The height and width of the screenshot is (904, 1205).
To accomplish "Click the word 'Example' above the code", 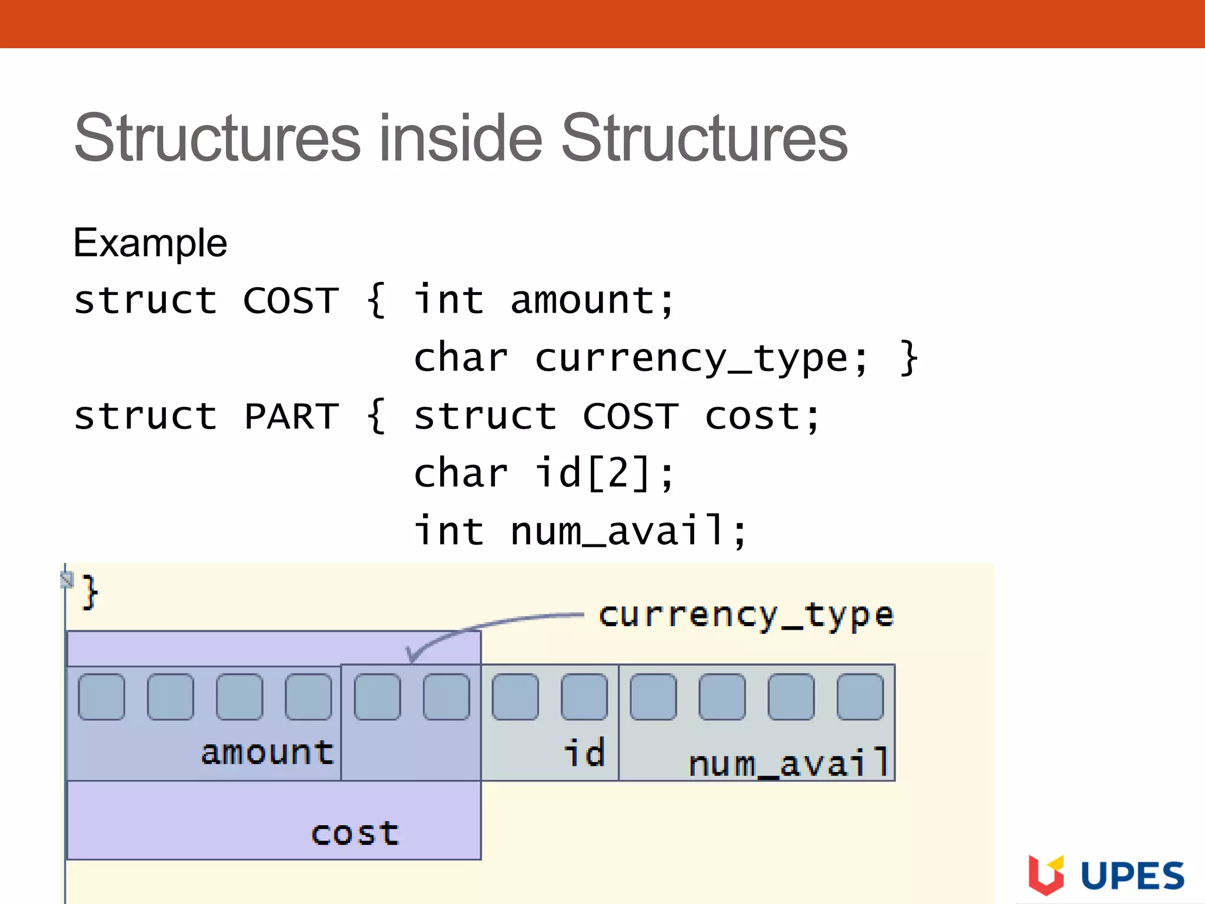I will click(x=150, y=242).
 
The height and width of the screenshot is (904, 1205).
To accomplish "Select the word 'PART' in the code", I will click(x=291, y=416).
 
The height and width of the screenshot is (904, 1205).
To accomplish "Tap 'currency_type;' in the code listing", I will click(x=701, y=358).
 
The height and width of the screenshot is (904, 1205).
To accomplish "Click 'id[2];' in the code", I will click(x=603, y=473).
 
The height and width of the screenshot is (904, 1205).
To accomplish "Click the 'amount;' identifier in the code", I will click(x=591, y=300).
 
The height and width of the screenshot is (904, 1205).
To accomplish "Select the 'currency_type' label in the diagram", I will click(x=746, y=616).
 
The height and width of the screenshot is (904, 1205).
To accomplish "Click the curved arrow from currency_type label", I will click(x=471, y=627).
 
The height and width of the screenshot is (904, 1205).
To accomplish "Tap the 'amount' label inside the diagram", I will click(x=268, y=753).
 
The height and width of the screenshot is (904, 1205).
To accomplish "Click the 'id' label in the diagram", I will click(x=584, y=753).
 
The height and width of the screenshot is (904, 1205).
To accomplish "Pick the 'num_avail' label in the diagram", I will click(x=788, y=763).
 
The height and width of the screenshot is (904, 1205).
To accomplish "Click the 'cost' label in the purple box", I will click(x=355, y=833).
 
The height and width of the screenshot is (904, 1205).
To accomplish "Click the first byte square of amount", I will click(x=101, y=697).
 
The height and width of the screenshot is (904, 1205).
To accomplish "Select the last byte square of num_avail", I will click(x=860, y=697).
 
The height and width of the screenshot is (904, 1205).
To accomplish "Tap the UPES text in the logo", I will click(x=1133, y=876).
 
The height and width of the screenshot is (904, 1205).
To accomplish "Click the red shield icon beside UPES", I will click(x=1046, y=875).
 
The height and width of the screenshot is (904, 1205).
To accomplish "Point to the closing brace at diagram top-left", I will click(x=90, y=592).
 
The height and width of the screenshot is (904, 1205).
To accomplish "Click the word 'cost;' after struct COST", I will click(x=762, y=416).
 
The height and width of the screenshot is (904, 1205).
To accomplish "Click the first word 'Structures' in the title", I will click(x=217, y=138).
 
